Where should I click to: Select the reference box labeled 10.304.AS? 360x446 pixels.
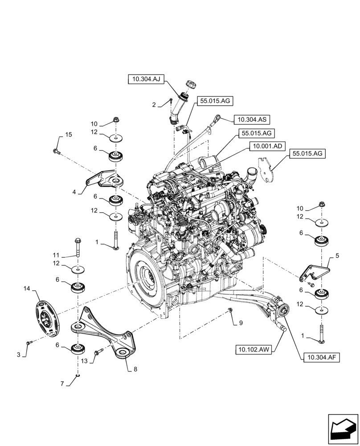[x=252, y=120]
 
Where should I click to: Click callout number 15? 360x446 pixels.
[x=68, y=135]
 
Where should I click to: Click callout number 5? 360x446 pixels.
[x=337, y=256]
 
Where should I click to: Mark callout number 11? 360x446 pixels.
[x=56, y=255]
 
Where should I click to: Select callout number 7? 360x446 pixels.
[x=63, y=383]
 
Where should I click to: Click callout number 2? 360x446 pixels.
[x=154, y=105]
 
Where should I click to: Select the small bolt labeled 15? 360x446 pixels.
[x=56, y=151]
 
